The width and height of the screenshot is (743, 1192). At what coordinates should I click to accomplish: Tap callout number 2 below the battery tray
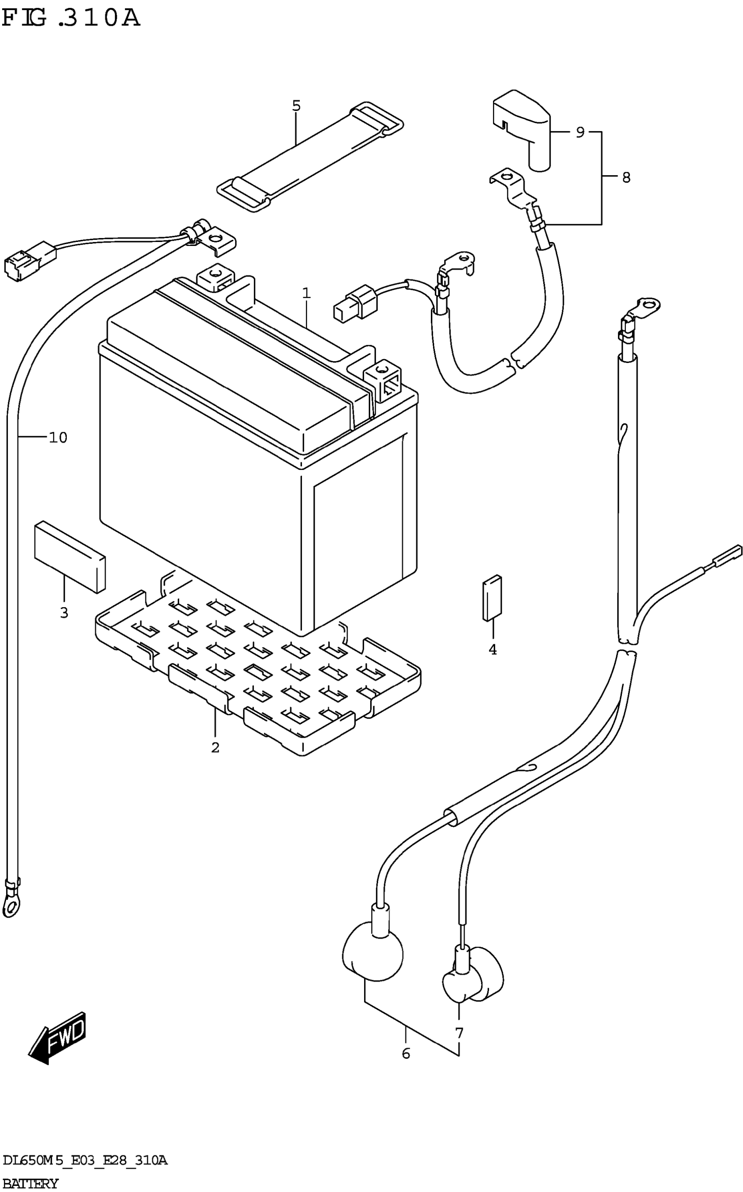pyautogui.click(x=215, y=748)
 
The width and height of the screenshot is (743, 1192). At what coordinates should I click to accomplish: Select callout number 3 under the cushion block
pyautogui.click(x=64, y=613)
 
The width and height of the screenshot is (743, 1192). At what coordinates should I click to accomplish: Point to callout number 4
pyautogui.click(x=493, y=650)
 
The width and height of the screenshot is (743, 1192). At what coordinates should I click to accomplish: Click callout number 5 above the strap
pyautogui.click(x=296, y=106)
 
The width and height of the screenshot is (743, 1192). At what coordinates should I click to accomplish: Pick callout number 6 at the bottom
pyautogui.click(x=406, y=1054)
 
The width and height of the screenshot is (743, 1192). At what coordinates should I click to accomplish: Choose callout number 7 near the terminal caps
pyautogui.click(x=459, y=1033)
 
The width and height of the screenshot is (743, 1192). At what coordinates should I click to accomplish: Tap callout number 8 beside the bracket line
pyautogui.click(x=626, y=177)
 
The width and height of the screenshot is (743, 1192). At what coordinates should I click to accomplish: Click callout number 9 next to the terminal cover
pyautogui.click(x=580, y=132)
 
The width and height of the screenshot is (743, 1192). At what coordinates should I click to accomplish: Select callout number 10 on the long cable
pyautogui.click(x=58, y=437)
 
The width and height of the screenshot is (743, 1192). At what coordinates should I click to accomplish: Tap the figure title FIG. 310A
pyautogui.click(x=71, y=18)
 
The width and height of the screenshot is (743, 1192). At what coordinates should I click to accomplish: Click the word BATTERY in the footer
pyautogui.click(x=31, y=1184)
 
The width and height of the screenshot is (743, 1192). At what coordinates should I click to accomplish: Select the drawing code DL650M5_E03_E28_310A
pyautogui.click(x=84, y=1161)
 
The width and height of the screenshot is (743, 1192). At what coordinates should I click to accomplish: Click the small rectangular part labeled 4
pyautogui.click(x=492, y=598)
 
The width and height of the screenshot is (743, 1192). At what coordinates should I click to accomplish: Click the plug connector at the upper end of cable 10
pyautogui.click(x=29, y=261)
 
